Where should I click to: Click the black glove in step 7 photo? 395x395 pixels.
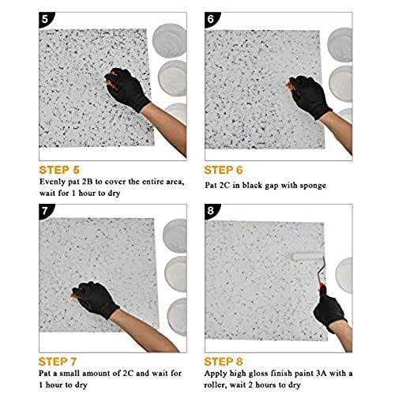pyautogui.click(x=95, y=295)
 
